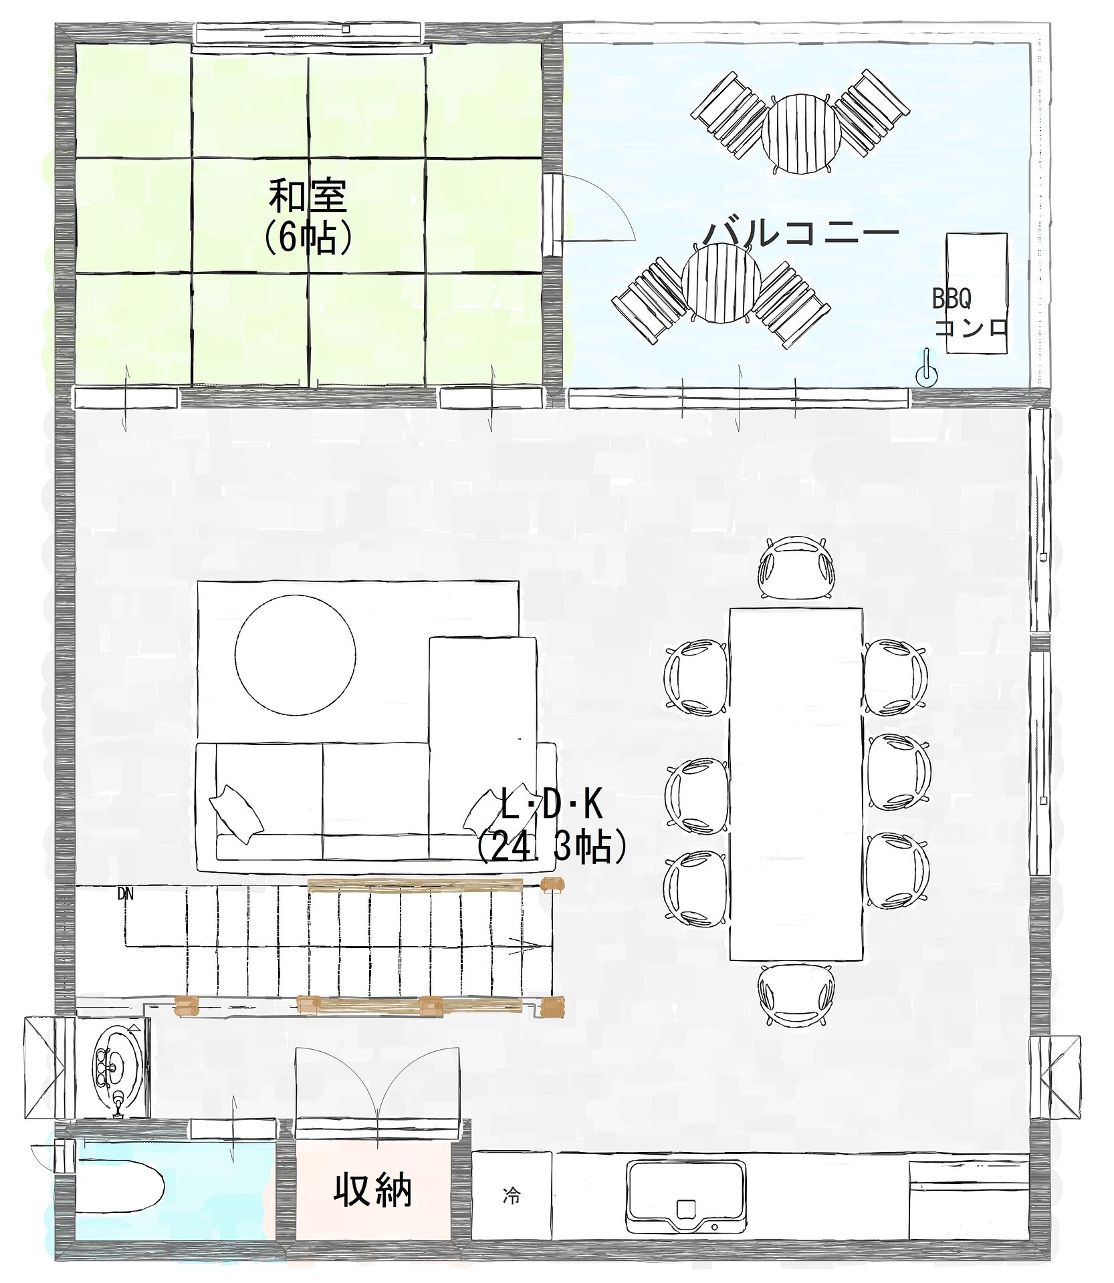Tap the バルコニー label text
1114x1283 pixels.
click(801, 233)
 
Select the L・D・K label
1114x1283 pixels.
click(552, 804)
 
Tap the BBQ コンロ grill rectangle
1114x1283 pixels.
click(976, 293)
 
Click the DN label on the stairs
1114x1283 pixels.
click(125, 893)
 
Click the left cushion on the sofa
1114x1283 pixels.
click(235, 813)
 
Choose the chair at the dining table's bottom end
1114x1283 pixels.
click(796, 995)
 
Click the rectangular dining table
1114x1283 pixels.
click(796, 784)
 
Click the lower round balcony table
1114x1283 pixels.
click(721, 283)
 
